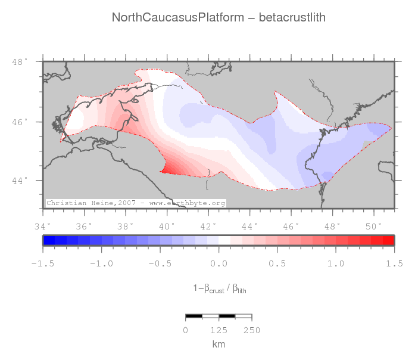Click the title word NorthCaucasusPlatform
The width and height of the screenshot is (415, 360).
pos(178,18)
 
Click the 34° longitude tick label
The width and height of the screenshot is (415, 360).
pos(43,226)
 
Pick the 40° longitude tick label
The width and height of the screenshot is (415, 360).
pos(167,226)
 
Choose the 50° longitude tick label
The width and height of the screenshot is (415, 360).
pos(373,226)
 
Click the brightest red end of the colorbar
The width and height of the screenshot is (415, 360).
pos(388,240)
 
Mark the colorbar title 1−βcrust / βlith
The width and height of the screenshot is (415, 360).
pos(219,289)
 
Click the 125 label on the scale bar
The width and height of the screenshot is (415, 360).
pos(219,330)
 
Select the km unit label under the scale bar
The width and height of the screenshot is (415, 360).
pos(219,345)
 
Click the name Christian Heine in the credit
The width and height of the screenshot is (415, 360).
pos(80,203)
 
